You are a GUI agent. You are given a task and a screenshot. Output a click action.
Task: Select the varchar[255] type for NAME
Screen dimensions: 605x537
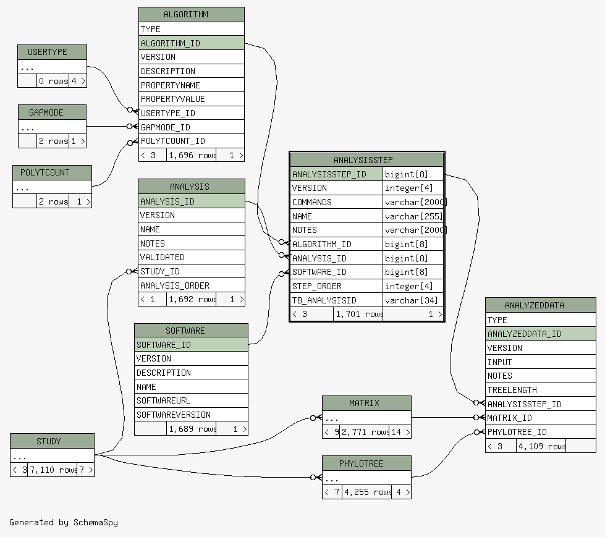413,216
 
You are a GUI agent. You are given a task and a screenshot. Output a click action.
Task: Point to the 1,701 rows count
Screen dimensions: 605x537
358,315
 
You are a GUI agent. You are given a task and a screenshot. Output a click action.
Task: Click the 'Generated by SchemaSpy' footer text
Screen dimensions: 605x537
64,522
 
